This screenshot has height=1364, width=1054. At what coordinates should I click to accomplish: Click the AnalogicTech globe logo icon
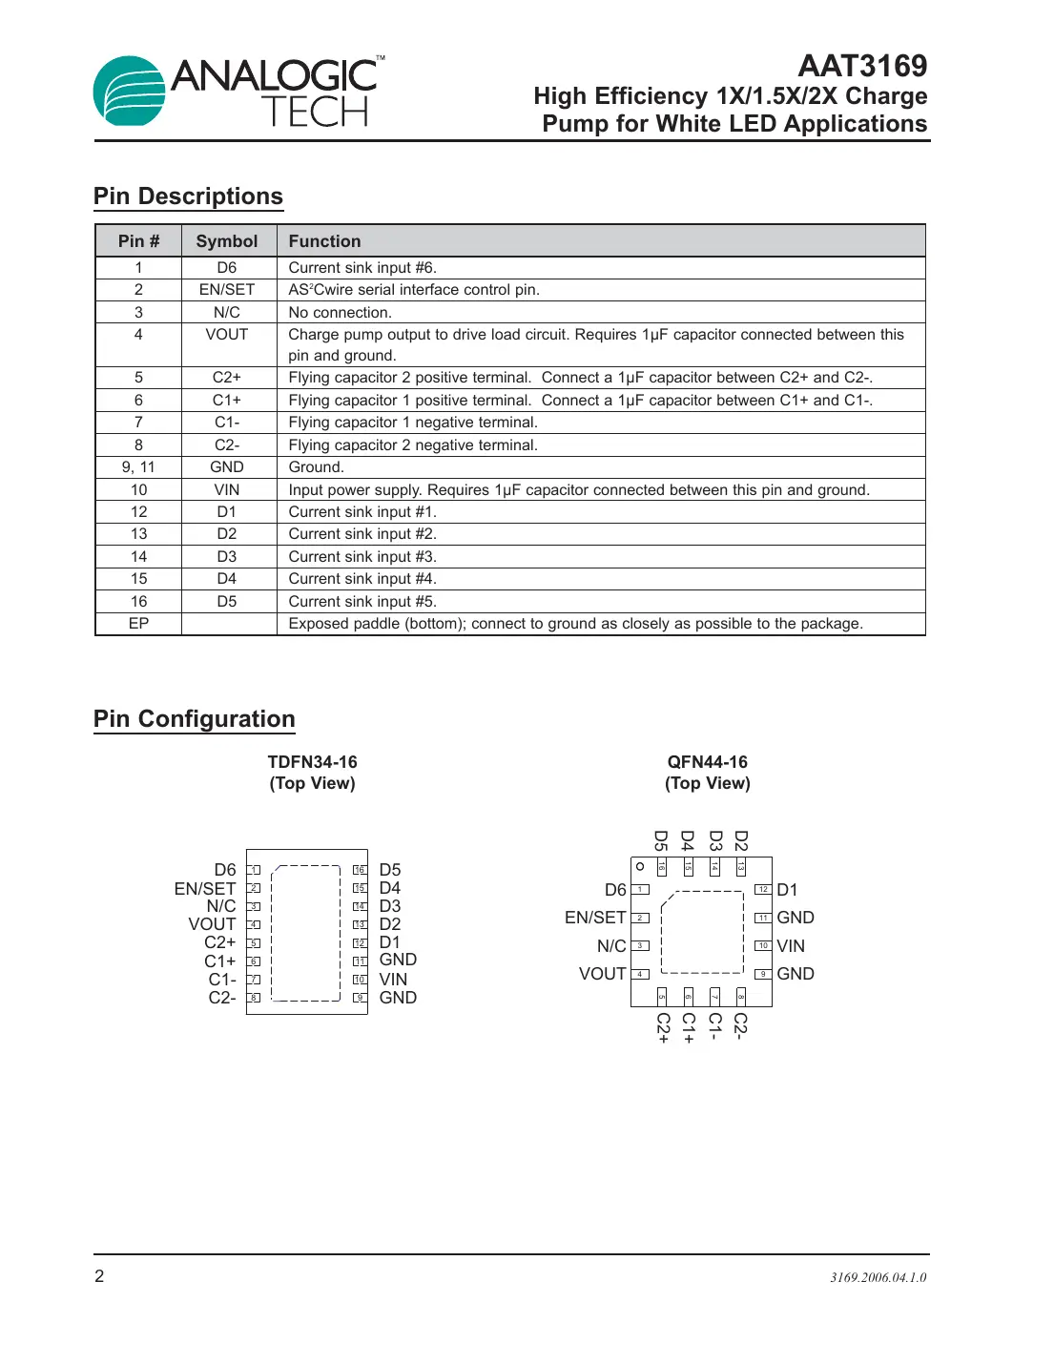[x=129, y=92]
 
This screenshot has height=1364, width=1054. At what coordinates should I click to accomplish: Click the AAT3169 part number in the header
[x=861, y=66]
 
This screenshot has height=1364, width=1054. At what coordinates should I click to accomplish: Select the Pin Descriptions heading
[x=188, y=196]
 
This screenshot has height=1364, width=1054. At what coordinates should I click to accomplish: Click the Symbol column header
[x=227, y=241]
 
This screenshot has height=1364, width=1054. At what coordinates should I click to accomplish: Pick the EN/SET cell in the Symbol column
[x=227, y=290]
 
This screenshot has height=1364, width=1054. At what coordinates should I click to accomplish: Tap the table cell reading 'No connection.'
[x=340, y=313]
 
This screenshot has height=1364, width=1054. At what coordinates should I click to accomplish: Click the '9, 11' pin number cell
[x=138, y=467]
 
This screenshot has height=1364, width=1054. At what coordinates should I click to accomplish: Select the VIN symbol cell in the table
[x=227, y=490]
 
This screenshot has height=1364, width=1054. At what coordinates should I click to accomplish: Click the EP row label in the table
[x=138, y=624]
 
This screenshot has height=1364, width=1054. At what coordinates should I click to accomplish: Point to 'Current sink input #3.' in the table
[x=362, y=557]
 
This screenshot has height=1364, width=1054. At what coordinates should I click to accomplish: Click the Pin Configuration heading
[x=195, y=719]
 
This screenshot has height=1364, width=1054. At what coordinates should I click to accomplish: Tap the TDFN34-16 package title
[x=312, y=762]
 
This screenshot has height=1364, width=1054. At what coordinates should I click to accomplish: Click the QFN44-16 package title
[x=707, y=762]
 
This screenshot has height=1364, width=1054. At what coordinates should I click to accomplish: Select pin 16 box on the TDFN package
[x=360, y=870]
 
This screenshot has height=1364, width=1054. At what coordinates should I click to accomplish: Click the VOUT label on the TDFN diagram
[x=212, y=924]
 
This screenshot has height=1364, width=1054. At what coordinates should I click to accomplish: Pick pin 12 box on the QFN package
[x=763, y=890]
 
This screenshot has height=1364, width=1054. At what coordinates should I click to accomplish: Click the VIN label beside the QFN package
[x=791, y=946]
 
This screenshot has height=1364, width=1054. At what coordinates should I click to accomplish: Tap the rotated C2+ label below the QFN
[x=663, y=1027]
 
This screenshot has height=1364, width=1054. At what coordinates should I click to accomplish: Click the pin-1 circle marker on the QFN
[x=640, y=867]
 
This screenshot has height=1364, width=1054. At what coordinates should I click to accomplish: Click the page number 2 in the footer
[x=99, y=1276]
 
